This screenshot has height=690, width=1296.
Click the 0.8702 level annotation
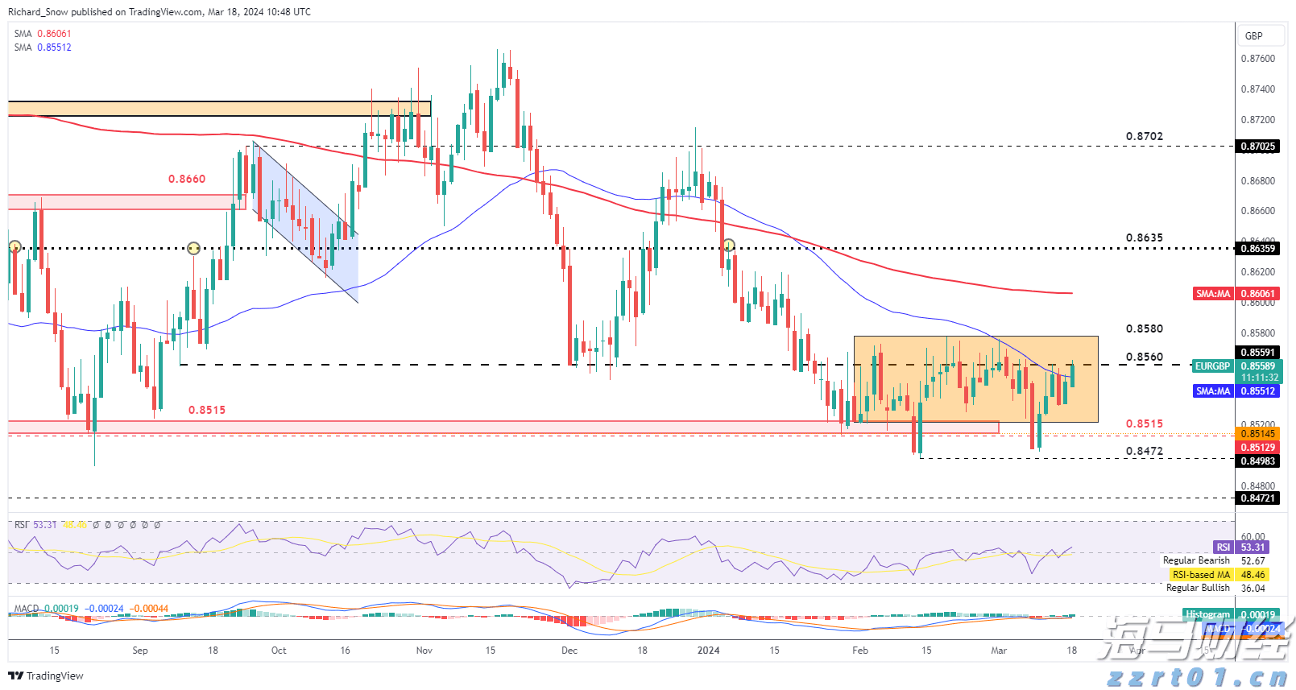tap(1144, 137)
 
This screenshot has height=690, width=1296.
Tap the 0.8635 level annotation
tap(1144, 238)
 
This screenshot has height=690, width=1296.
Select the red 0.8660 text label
tap(187, 179)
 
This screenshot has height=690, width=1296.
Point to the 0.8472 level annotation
tap(1144, 452)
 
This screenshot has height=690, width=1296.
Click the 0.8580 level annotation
tap(1144, 329)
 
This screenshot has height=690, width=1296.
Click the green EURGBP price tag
tap(1212, 366)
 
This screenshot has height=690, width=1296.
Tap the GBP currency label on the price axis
tap(1253, 36)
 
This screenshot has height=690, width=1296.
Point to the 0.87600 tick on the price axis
tap(1257, 59)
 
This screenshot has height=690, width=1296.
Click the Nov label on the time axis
tap(424, 651)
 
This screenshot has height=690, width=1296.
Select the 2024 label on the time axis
tap(708, 651)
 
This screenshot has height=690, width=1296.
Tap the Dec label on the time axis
tap(569, 651)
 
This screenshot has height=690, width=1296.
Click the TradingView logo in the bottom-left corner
tap(46, 676)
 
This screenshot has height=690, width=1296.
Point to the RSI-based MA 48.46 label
tap(1218, 575)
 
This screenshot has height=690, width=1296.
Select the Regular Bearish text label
tap(1196, 560)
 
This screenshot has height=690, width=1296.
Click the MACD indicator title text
tap(27, 609)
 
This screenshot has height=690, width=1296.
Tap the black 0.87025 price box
tap(1258, 147)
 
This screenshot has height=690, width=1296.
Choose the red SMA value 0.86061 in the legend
tap(54, 34)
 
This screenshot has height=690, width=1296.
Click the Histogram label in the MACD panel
tap(1207, 614)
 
